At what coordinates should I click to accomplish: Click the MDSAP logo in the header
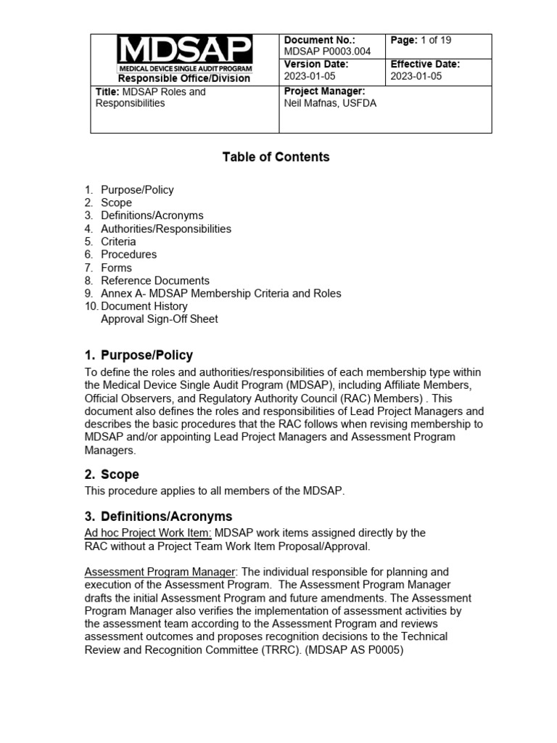point(184,53)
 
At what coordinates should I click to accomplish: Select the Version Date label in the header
point(316,64)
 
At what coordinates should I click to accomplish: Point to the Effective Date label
point(425,64)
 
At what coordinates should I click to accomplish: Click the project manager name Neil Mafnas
point(330,103)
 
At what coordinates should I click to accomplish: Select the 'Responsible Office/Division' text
point(184,78)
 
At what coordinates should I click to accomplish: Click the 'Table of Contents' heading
point(276,157)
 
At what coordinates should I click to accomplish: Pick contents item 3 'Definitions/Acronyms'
point(152,215)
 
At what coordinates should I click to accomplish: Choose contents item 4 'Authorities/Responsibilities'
point(165,229)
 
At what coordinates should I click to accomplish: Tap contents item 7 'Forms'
point(116,268)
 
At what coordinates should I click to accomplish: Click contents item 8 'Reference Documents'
point(154,281)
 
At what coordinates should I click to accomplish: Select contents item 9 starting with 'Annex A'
point(220,294)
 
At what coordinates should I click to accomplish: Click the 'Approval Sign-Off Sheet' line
point(159,319)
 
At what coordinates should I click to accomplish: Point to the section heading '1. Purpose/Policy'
point(139,356)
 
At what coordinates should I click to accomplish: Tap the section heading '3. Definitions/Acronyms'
point(158,517)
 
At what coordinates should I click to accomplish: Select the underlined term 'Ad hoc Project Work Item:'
point(149,533)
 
